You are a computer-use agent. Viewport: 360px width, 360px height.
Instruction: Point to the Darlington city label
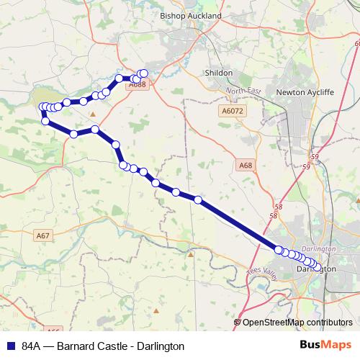tap(317, 269)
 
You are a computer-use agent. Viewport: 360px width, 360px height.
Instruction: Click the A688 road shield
tap(138, 85)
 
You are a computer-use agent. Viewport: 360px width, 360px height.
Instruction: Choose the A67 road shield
tap(43, 235)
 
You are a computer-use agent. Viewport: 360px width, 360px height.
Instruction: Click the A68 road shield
tap(246, 165)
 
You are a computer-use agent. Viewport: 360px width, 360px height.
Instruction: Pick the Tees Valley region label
tap(261, 273)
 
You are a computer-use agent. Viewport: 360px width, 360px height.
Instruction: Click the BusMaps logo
tap(326, 345)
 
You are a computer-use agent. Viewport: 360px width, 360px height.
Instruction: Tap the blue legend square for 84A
tap(10, 346)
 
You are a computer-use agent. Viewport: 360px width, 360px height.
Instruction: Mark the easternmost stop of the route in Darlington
tap(319, 268)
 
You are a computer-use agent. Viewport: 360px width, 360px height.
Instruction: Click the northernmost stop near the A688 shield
tap(143, 73)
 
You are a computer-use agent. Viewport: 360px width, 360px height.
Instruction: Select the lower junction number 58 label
tap(273, 215)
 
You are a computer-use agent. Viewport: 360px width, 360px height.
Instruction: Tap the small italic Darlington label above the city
tap(321, 248)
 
